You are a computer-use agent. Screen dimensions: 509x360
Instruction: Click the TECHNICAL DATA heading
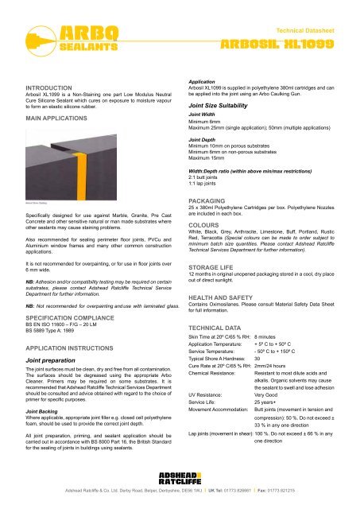[215, 349]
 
